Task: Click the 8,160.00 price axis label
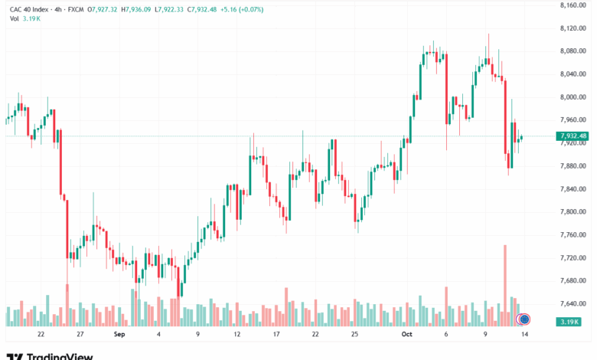(x=573, y=5)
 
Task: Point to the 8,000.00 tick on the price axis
(x=573, y=97)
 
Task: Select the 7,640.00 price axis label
(x=573, y=304)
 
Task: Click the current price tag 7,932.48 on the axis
(x=573, y=136)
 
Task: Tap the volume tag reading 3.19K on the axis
(x=573, y=322)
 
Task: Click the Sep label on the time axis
(x=119, y=335)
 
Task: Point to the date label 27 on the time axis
(x=79, y=335)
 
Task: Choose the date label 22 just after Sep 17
(x=315, y=335)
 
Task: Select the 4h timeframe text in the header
(x=55, y=9)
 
